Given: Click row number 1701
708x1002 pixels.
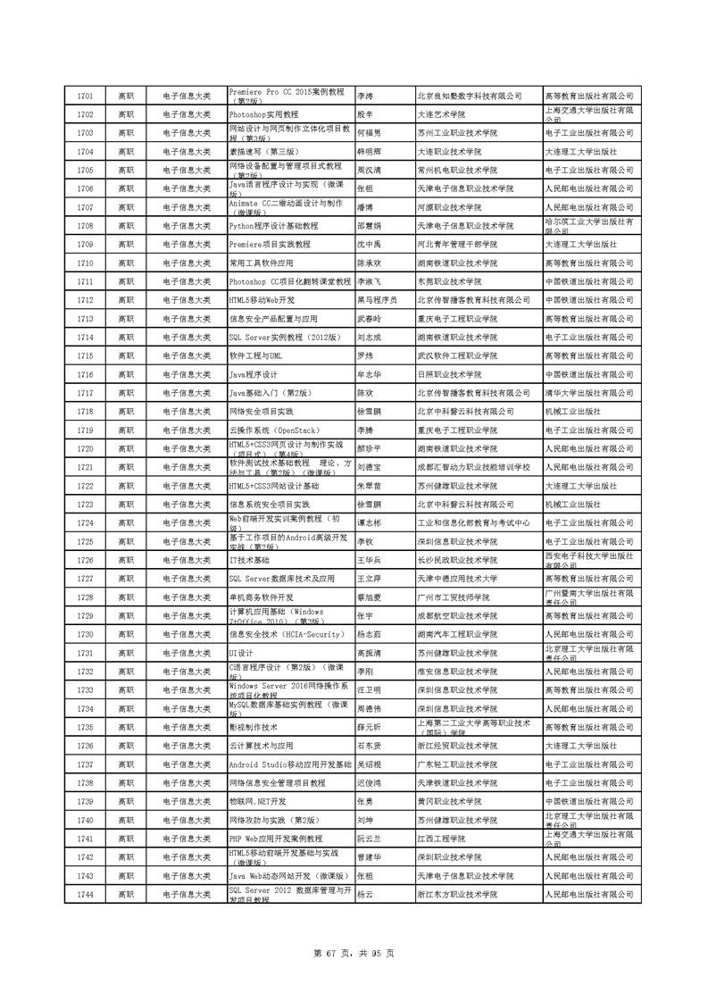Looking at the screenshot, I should (86, 96).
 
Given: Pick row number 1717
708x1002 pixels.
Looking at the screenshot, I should (86, 393).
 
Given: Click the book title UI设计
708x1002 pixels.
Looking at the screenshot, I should (242, 653).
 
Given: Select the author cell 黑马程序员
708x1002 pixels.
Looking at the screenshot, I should (377, 300).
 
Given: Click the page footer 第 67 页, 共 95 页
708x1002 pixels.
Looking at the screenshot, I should (354, 952).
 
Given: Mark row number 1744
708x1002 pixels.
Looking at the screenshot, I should (86, 894).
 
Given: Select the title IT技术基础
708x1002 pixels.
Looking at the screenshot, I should (249, 560).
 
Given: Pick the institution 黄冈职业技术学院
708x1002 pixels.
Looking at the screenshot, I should (449, 801).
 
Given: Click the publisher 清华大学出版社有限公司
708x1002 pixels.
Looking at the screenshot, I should (588, 393).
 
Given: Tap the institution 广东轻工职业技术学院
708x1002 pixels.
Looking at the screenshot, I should (457, 764).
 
